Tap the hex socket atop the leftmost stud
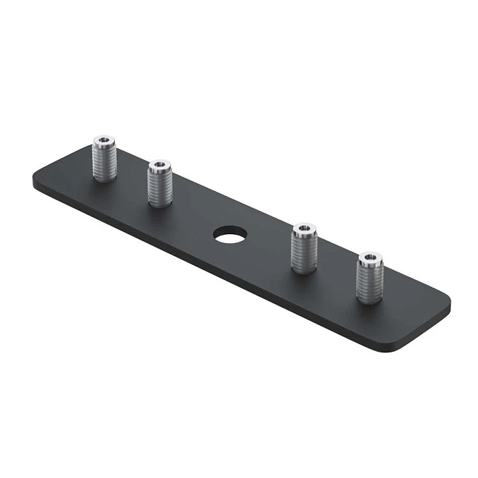[103, 141]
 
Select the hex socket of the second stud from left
[159, 165]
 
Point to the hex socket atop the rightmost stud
[369, 257]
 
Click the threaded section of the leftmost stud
[103, 164]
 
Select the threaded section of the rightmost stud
[369, 281]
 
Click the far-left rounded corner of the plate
[36, 183]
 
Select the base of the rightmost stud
[369, 301]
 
